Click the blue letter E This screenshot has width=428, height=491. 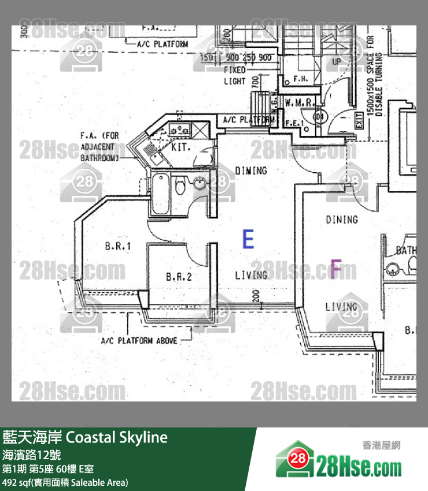click(248, 239)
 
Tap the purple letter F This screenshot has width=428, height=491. click(335, 269)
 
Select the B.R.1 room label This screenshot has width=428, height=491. click(118, 247)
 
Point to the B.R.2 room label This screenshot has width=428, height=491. click(178, 277)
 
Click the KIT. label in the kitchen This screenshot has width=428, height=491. click(180, 148)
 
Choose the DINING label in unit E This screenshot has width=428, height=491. click(251, 170)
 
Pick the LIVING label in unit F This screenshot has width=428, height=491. click(341, 307)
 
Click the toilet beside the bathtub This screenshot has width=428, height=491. click(180, 187)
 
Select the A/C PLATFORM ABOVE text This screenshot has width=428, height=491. click(139, 341)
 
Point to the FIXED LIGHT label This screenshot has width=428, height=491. click(235, 76)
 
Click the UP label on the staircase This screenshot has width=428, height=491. click(336, 61)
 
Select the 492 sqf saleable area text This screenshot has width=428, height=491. click(65, 482)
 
